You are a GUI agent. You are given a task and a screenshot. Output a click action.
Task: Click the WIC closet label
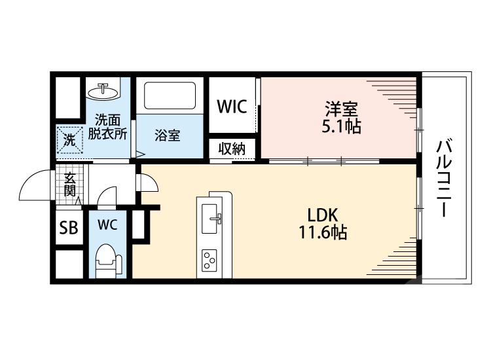[232, 107]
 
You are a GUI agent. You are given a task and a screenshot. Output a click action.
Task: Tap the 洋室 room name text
[341, 109]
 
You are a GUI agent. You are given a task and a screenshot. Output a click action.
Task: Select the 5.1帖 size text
[341, 126]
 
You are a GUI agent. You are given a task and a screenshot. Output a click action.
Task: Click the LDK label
[323, 215]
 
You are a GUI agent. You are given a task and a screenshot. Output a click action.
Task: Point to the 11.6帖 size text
[323, 232]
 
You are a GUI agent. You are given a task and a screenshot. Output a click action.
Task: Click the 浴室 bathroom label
[168, 135]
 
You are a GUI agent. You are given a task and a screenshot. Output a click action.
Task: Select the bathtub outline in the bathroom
[170, 96]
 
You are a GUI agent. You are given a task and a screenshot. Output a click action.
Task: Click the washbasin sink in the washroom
[103, 92]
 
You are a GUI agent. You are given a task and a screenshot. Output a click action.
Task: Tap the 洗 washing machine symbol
[70, 140]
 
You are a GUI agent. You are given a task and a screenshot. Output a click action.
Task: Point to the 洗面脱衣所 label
[107, 127]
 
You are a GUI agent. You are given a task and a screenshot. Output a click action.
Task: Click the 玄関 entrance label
[69, 185]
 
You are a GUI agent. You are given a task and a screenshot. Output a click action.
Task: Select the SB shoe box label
[69, 228]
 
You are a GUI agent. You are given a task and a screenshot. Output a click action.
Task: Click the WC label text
[107, 225]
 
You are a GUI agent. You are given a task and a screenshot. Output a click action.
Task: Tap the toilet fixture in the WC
[108, 261]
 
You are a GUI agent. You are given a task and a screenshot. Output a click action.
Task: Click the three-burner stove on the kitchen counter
[209, 260]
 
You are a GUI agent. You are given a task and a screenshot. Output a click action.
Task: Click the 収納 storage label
[232, 149]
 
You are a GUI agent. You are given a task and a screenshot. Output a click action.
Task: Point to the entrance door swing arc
[30, 181]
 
